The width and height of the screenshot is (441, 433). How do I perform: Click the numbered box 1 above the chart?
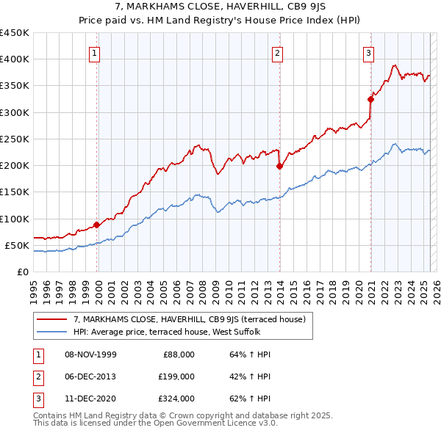pos(96,52)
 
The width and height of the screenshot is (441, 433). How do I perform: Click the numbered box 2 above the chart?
pos(278,52)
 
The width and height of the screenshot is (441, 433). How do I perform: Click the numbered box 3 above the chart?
pos(368,52)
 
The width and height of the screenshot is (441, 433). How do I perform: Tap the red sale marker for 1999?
pos(97,225)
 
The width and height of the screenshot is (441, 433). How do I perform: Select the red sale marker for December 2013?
pos(280,166)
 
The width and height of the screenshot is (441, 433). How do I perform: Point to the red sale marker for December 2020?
pos(370,99)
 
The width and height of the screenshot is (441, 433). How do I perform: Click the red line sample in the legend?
pos(52,319)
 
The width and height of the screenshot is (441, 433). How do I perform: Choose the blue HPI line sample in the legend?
pos(52,331)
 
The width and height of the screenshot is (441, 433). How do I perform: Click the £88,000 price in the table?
pos(179,354)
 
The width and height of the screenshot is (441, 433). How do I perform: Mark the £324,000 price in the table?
pos(176,399)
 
